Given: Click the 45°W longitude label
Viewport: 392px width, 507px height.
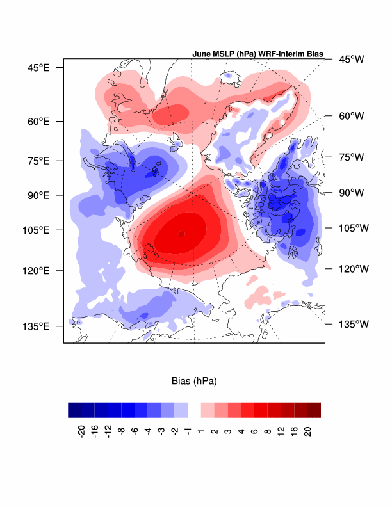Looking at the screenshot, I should [351, 60].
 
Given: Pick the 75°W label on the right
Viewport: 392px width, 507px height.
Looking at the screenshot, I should [351, 157].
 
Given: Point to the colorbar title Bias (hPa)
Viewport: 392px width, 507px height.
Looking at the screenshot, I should [194, 382].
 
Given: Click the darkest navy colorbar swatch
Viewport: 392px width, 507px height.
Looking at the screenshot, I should [74, 410].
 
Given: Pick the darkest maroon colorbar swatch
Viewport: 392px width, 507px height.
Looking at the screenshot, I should [314, 410].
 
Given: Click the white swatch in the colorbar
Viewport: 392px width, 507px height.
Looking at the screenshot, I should [194, 410].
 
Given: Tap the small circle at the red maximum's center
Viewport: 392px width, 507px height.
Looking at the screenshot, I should [181, 234].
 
